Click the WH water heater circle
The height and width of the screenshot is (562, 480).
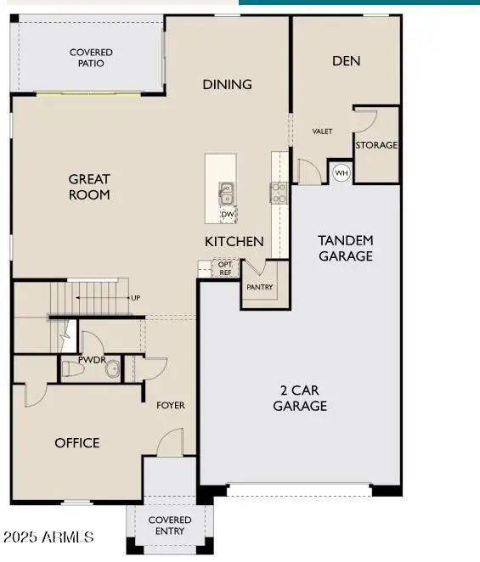342,172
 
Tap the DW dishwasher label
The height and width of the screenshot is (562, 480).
228,214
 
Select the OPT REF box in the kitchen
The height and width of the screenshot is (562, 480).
225,268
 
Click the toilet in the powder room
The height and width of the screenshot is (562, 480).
72,368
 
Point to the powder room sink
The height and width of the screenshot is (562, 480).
113,368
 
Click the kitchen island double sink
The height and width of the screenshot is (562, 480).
226,194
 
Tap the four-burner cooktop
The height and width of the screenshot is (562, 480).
279,193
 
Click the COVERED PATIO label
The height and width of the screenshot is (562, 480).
91,58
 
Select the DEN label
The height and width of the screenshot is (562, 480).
346,61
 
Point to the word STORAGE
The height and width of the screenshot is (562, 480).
376,145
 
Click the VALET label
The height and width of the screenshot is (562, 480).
322,132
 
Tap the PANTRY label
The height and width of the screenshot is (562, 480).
260,287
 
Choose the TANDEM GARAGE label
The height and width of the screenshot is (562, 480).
346,248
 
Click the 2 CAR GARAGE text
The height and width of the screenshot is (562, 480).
300,398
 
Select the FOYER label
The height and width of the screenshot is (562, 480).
171,406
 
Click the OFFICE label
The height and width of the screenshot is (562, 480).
77,443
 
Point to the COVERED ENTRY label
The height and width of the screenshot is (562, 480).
170,525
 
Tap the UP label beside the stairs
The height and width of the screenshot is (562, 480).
136,298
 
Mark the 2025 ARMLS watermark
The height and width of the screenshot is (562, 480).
48,537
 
